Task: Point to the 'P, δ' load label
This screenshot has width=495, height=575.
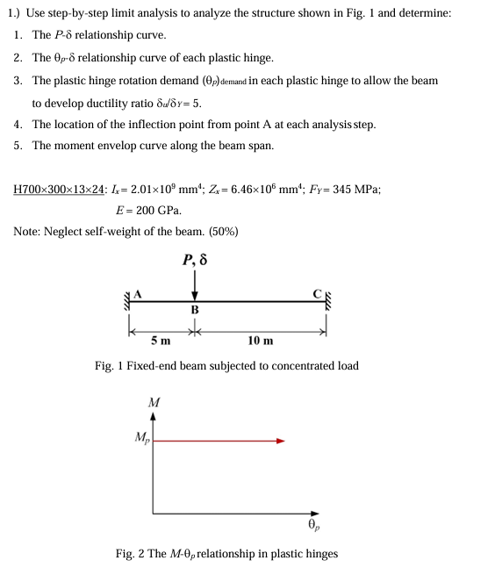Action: [195, 261]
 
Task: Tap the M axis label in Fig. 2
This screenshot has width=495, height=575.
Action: [154, 402]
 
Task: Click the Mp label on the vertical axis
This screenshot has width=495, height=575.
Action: [140, 437]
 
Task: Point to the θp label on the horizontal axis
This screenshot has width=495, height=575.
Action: [313, 525]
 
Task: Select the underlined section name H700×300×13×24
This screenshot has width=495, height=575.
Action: [61, 189]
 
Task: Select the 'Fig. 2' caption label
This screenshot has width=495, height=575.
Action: [130, 554]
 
